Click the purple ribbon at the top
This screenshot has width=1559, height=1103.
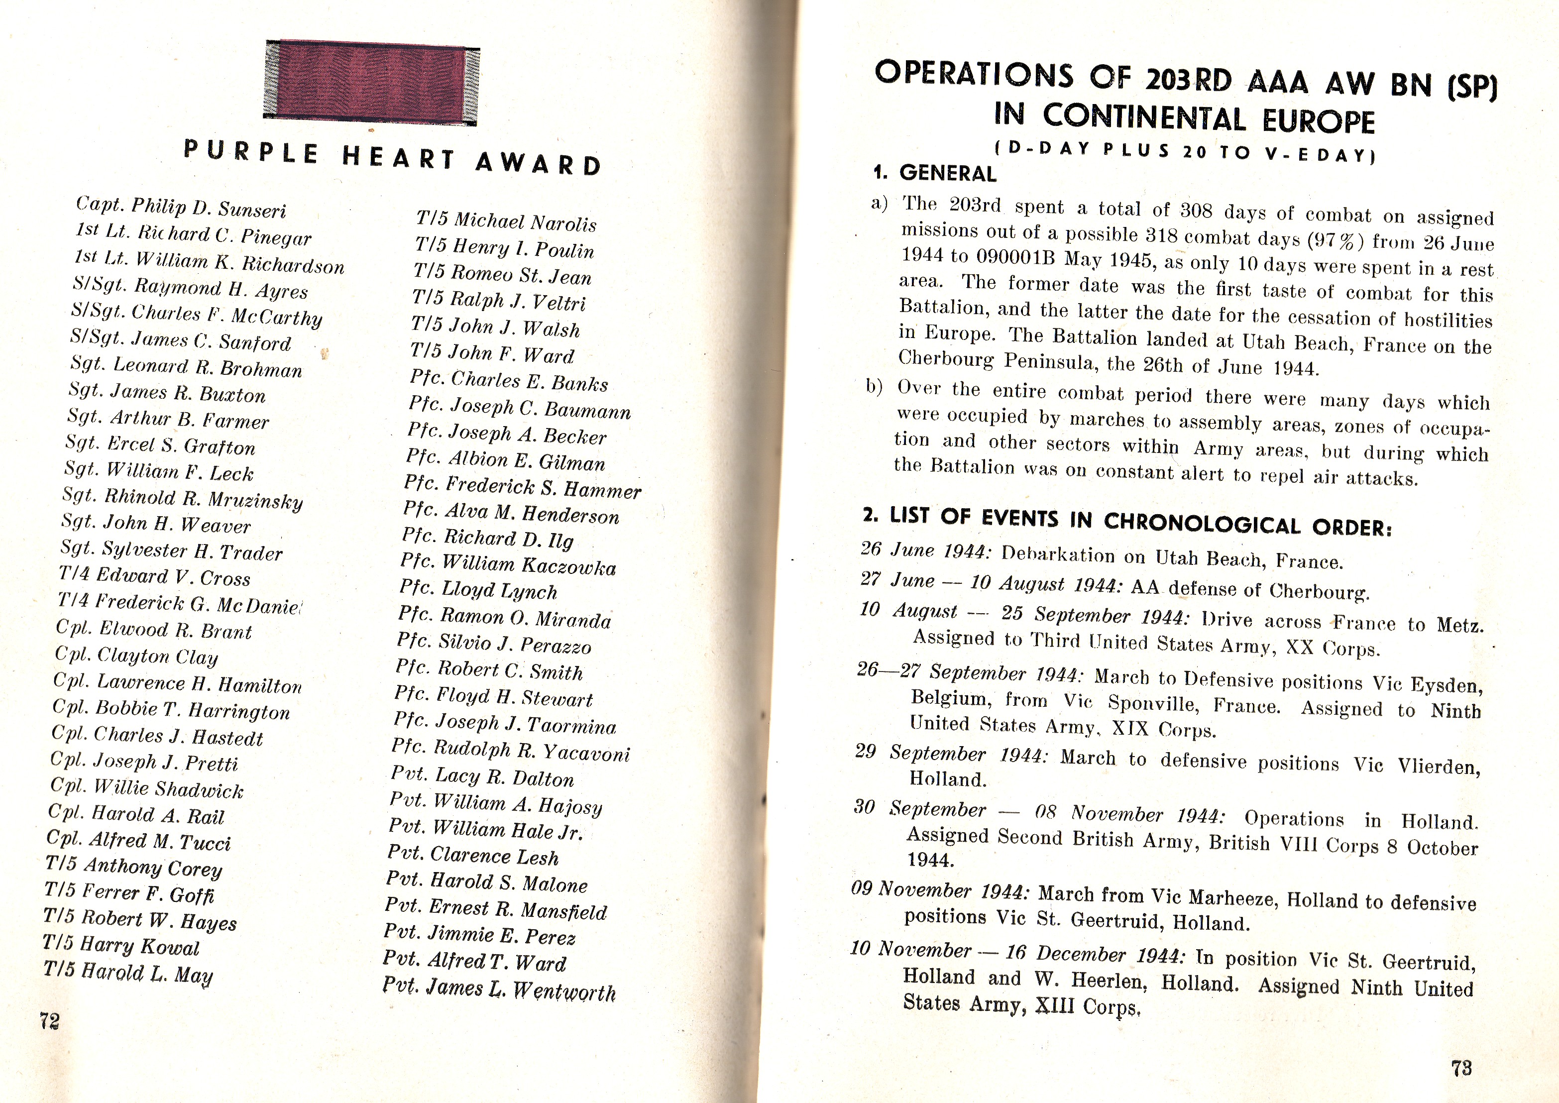point(371,82)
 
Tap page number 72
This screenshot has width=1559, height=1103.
point(50,1020)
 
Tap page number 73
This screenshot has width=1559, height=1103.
point(1461,1068)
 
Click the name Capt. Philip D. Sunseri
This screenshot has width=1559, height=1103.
point(181,207)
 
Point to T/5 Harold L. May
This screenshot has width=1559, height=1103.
point(128,972)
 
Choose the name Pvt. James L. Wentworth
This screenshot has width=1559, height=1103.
point(499,989)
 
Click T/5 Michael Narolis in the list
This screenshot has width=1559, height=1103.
point(506,221)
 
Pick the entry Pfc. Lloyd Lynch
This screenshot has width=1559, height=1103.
point(478,589)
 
